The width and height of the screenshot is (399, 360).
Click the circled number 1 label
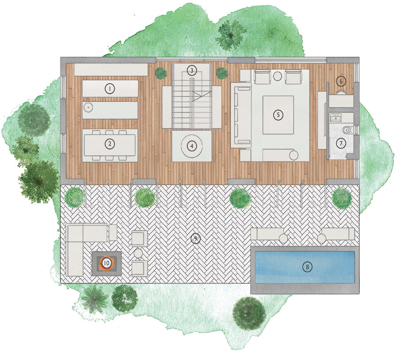[x=110, y=89]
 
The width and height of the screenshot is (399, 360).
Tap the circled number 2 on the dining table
[x=110, y=144]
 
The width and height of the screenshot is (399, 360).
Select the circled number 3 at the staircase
[x=192, y=70]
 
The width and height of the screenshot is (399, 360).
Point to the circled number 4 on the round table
[x=192, y=146]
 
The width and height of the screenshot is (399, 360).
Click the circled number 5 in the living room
[x=278, y=115]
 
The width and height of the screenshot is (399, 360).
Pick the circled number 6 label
[x=341, y=81]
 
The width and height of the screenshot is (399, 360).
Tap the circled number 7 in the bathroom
[x=341, y=143]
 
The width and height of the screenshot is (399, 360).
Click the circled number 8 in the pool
[x=307, y=267]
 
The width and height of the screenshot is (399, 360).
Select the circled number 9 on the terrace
[x=196, y=238]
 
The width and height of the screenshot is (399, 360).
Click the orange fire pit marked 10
[x=106, y=263]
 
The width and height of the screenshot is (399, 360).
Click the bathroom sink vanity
[x=336, y=118]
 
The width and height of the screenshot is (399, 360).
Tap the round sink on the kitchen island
[x=88, y=108]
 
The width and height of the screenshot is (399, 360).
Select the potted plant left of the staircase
[x=161, y=73]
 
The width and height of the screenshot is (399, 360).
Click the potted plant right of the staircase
[x=222, y=73]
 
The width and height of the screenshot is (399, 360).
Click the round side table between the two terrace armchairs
[x=138, y=253]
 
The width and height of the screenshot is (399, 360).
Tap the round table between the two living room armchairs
[x=278, y=76]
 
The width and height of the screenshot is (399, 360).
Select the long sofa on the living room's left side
[x=241, y=115]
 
